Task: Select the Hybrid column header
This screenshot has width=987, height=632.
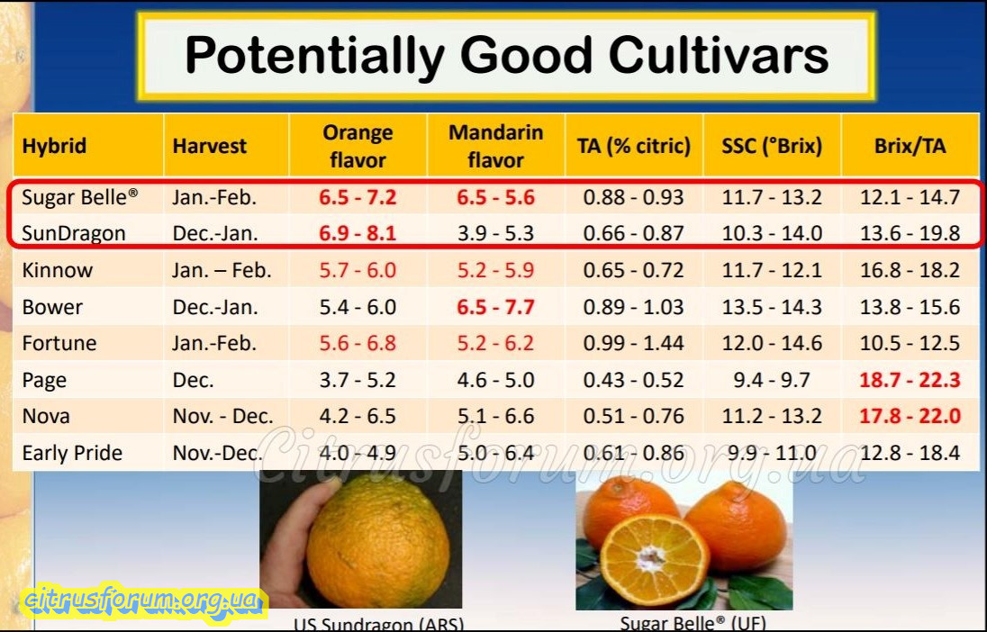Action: coord(54,146)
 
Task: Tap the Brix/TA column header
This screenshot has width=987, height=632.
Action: coord(910,146)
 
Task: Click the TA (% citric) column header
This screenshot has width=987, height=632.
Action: coord(633,146)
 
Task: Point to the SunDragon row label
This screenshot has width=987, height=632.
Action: coord(74,233)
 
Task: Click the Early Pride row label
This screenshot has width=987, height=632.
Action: coord(72,453)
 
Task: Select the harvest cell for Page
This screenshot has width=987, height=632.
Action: coord(194,380)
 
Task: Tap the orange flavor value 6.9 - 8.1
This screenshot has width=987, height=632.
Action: coord(358,233)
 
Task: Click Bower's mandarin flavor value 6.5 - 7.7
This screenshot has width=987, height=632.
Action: coord(495,307)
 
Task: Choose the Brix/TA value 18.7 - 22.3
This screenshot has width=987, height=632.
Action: coord(910,380)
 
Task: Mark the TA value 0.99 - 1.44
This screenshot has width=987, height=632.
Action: coord(633,343)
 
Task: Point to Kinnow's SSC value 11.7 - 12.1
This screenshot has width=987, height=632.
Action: coord(772,270)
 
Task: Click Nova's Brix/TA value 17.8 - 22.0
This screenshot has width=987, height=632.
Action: coord(910,416)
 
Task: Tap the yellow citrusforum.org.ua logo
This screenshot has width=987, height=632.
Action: coord(144,599)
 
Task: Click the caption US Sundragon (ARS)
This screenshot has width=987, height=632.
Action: coord(378,623)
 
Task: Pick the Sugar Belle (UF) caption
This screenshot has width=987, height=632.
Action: coord(693,622)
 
